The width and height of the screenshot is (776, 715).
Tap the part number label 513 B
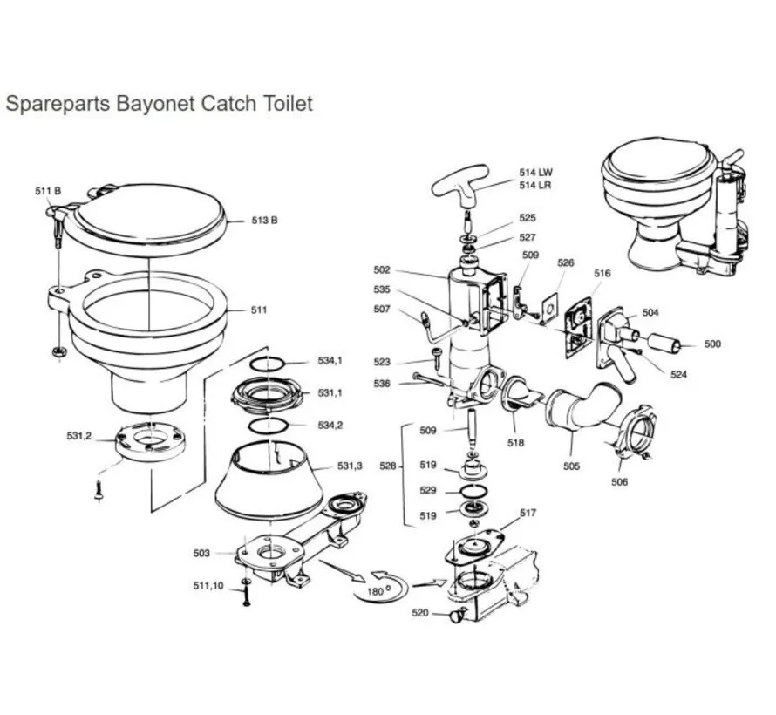[264, 221]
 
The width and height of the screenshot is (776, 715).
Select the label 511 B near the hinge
[48, 190]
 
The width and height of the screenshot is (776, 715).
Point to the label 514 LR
[534, 186]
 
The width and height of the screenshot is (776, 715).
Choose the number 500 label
[712, 344]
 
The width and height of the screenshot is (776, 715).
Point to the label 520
[420, 613]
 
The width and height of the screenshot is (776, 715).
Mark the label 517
[528, 514]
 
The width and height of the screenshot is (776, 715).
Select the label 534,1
[330, 360]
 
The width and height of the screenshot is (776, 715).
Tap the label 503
[201, 553]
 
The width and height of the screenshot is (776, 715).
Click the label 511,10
[208, 586]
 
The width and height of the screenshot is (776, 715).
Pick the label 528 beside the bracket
[390, 467]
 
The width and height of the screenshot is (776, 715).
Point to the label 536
[381, 383]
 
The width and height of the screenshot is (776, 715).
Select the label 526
[566, 262]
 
